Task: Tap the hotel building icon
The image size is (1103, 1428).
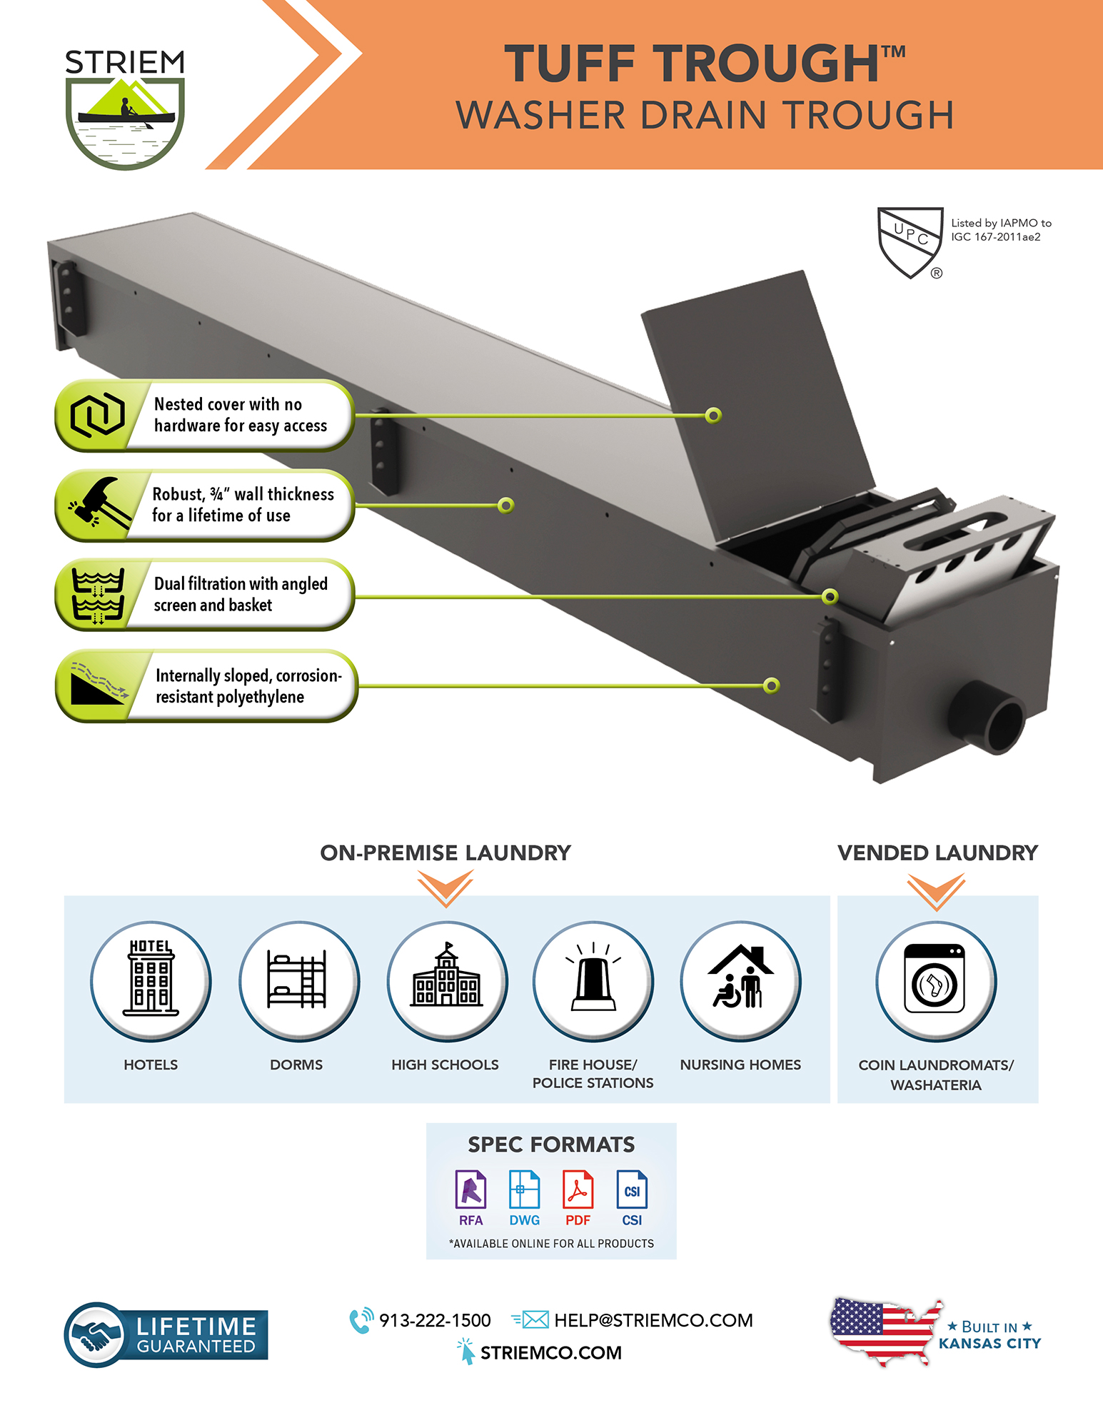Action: tap(151, 977)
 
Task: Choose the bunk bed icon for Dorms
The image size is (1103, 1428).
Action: tap(297, 979)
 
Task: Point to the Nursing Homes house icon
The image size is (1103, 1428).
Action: tap(741, 976)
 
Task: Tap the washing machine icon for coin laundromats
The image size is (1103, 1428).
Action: tap(935, 978)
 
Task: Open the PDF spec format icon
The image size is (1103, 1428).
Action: tap(578, 1189)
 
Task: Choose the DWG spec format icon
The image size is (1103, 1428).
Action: tap(524, 1189)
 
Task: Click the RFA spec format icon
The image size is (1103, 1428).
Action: tap(470, 1189)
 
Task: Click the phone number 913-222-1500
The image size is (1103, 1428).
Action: tap(435, 1320)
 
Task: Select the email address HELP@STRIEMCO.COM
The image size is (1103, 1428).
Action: tap(653, 1320)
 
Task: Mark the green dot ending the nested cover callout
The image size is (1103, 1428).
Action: tap(712, 416)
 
